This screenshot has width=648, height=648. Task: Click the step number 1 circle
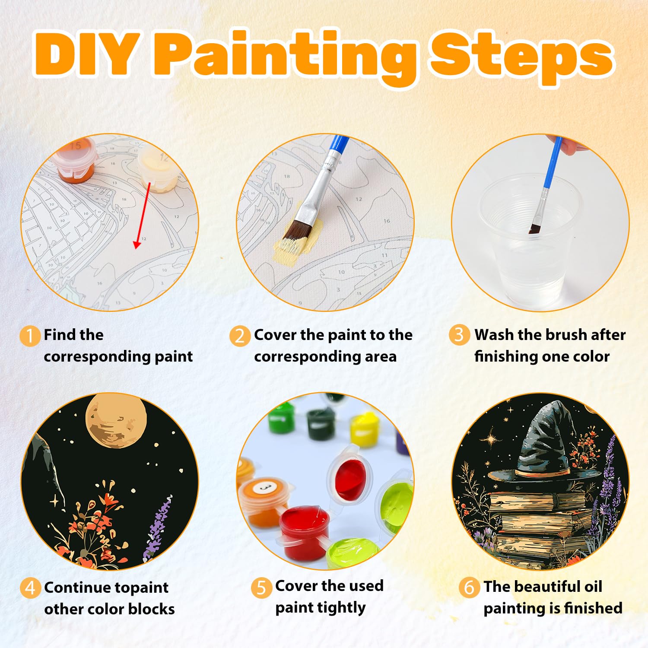[30, 336]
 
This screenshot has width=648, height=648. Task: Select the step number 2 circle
[240, 336]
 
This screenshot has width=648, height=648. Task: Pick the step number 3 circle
[459, 335]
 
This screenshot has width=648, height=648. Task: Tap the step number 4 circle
[30, 588]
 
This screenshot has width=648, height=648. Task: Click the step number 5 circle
[261, 588]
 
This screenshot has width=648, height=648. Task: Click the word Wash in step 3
[494, 335]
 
